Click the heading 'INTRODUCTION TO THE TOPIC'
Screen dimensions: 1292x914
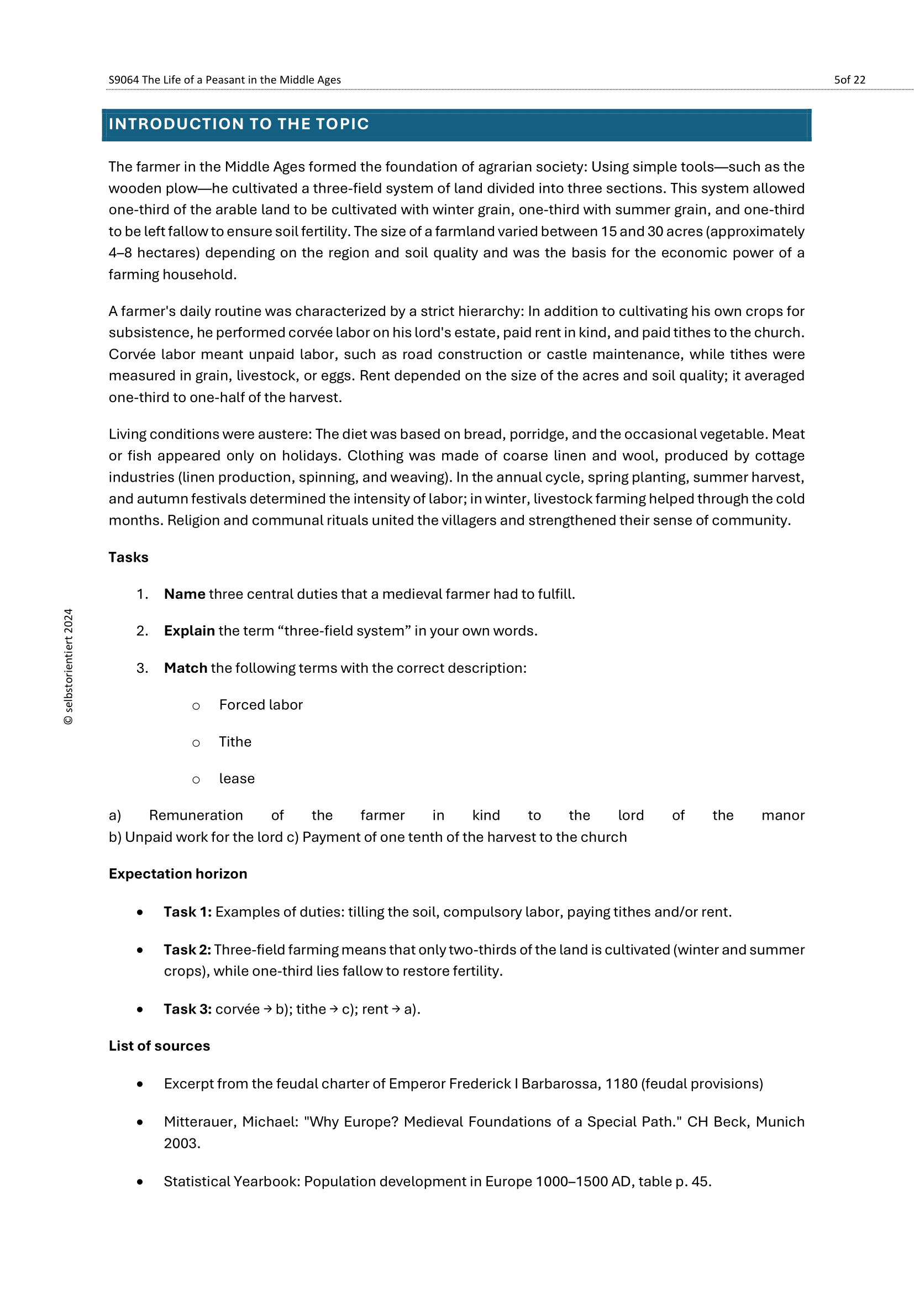[239, 124]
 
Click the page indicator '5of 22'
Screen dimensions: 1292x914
[849, 80]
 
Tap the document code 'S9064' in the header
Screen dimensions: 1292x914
[123, 80]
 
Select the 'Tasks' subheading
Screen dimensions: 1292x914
[128, 557]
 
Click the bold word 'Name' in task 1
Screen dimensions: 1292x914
[185, 594]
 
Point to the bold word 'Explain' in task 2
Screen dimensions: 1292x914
[189, 631]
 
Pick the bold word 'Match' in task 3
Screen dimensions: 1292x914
[186, 668]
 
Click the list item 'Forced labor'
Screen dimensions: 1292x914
[261, 705]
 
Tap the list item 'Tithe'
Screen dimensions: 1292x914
[235, 742]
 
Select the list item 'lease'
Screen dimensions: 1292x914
[237, 779]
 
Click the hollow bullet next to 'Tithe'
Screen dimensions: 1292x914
[196, 743]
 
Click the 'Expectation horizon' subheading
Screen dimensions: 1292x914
[178, 874]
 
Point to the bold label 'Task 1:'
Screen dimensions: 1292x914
[187, 912]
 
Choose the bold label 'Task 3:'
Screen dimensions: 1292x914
[187, 1010]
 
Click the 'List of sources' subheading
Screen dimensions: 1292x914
[159, 1046]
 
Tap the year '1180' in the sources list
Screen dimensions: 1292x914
[621, 1084]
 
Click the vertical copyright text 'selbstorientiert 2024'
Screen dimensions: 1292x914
[69, 667]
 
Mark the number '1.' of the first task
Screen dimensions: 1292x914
[143, 594]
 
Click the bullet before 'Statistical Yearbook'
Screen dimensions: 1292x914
[140, 1182]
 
